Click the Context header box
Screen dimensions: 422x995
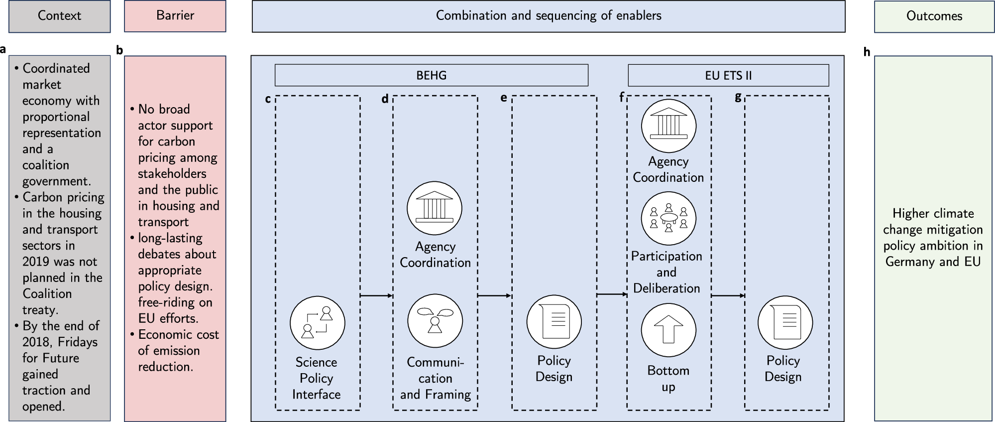coord(59,16)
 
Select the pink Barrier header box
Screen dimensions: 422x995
coord(175,16)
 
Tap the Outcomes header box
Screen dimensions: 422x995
coord(934,16)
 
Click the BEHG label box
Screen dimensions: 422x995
coord(431,75)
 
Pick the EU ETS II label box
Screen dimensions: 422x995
coord(728,75)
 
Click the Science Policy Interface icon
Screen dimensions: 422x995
coord(317,323)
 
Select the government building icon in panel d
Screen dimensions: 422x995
coord(435,208)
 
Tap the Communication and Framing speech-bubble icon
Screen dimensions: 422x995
coord(435,321)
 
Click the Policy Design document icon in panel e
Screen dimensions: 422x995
coord(553,322)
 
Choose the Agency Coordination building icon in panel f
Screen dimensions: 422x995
coord(668,125)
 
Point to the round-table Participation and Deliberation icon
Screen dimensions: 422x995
coord(668,218)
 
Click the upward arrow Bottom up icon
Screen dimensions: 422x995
coord(668,330)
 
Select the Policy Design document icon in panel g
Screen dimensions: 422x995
coord(785,323)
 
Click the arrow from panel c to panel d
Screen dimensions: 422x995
coord(376,296)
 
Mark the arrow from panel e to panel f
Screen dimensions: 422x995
coord(612,294)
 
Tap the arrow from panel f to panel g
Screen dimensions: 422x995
coord(728,295)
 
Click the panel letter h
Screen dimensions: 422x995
coord(867,52)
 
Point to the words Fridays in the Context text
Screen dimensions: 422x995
coord(78,342)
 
